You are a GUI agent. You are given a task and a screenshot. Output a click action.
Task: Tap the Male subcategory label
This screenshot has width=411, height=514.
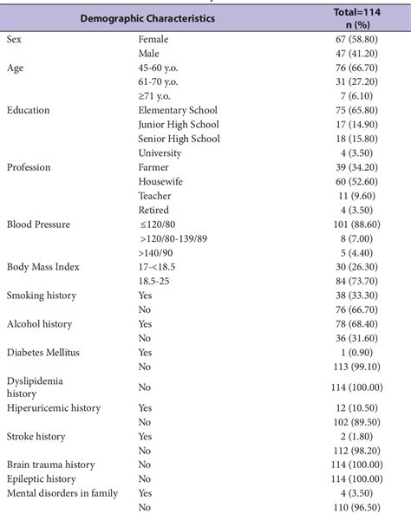click(149, 53)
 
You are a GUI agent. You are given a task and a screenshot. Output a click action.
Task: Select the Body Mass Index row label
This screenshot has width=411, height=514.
click(42, 266)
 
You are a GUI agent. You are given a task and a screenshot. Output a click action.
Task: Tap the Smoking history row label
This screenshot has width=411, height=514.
click(41, 296)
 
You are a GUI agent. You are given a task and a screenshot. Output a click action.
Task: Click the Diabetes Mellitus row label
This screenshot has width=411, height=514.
click(42, 352)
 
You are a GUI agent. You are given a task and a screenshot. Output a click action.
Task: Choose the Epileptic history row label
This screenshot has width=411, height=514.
click(42, 478)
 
